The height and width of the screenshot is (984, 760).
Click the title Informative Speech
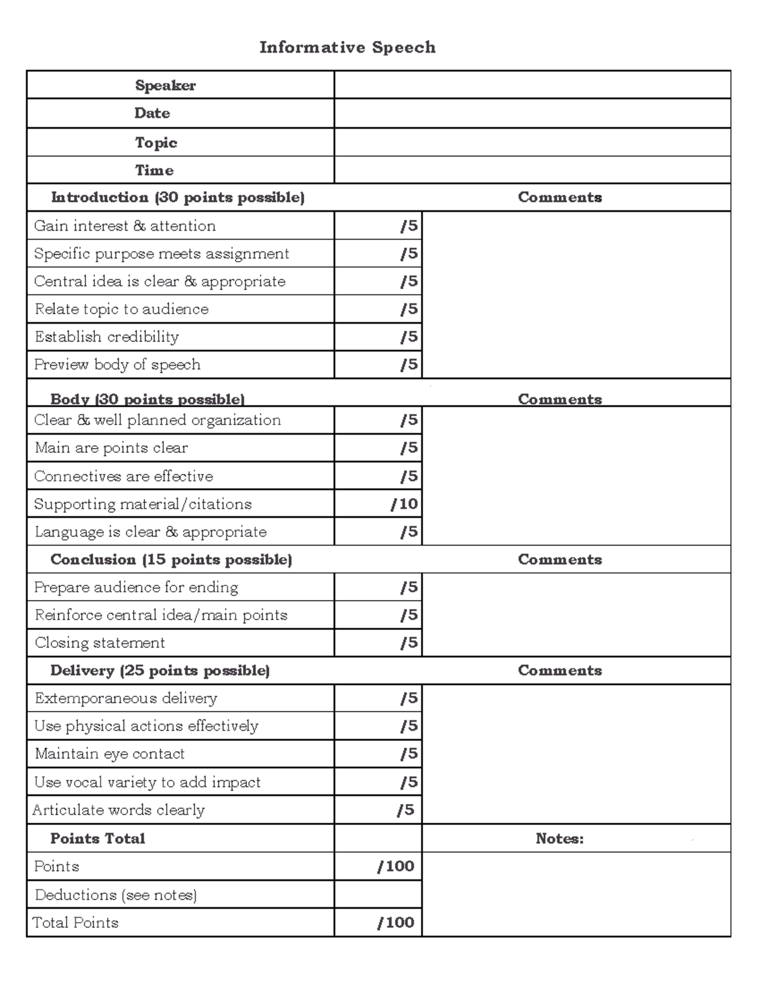(x=347, y=48)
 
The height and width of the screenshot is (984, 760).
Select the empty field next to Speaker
(x=532, y=85)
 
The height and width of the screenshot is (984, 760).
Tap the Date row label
(x=152, y=113)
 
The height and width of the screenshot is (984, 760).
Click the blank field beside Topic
(x=532, y=143)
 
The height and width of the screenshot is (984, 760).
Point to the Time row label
(x=154, y=170)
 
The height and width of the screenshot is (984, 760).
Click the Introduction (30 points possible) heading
(x=178, y=198)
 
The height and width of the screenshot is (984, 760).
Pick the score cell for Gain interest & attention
(x=378, y=226)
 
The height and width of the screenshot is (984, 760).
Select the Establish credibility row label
(x=106, y=337)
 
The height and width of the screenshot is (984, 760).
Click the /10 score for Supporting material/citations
(x=404, y=504)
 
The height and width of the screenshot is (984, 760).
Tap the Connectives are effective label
(x=123, y=476)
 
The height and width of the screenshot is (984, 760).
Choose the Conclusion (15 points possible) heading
(x=171, y=560)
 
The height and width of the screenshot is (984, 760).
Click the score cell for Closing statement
(x=378, y=643)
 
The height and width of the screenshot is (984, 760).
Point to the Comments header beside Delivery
(x=560, y=671)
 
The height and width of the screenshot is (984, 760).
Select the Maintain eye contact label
(x=110, y=754)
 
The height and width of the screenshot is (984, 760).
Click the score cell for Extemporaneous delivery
(x=378, y=698)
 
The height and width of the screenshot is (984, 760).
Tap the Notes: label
(x=560, y=839)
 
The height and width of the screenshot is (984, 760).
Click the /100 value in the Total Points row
(x=396, y=923)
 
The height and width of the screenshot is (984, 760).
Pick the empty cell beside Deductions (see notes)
(x=378, y=895)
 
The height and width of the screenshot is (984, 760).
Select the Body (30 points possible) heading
(x=148, y=399)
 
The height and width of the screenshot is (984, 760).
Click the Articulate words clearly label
(x=118, y=810)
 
